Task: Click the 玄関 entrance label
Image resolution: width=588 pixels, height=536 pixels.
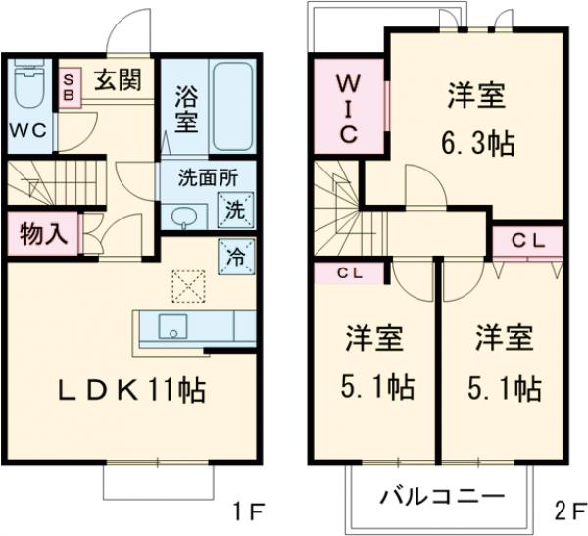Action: point(117,79)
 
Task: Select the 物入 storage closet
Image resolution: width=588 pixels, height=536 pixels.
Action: point(44,235)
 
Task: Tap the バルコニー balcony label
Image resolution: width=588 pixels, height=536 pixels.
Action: point(441,495)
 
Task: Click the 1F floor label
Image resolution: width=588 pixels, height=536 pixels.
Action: point(250,511)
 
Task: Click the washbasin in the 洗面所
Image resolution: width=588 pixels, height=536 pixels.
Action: point(180,215)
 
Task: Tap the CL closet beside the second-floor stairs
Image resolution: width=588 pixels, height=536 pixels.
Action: point(349,273)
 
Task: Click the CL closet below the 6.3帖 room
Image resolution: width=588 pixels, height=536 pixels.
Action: point(525,239)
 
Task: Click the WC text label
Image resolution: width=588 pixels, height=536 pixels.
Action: point(28,130)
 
